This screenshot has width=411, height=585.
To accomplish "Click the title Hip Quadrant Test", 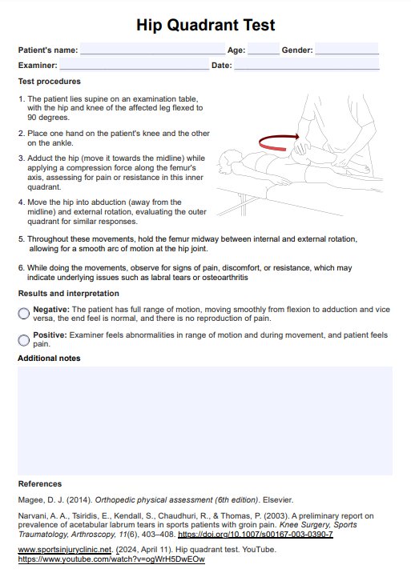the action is pyautogui.click(x=205, y=25).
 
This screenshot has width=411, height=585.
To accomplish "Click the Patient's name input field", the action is pyautogui.click(x=153, y=49).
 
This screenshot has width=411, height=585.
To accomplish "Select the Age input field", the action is pyautogui.click(x=264, y=49).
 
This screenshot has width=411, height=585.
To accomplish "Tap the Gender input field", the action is pyautogui.click(x=347, y=49).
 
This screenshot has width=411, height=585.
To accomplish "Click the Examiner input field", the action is pyautogui.click(x=134, y=64).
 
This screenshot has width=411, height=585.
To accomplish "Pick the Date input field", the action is pyautogui.click(x=307, y=64).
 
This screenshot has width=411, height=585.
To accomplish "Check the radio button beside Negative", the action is pyautogui.click(x=23, y=314).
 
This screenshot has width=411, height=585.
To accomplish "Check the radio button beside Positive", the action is pyautogui.click(x=23, y=340).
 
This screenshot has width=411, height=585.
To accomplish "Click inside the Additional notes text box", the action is pyautogui.click(x=205, y=421).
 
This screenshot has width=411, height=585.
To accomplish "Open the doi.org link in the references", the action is pyautogui.click(x=256, y=535).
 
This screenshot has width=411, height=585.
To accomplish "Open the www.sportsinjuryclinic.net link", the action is pyautogui.click(x=65, y=550).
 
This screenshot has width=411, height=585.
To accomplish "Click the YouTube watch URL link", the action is pyautogui.click(x=111, y=559).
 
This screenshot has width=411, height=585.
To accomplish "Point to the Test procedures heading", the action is pyautogui.click(x=50, y=82).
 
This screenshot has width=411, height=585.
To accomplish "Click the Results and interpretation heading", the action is pyautogui.click(x=69, y=294).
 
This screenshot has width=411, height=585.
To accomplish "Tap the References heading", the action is pyautogui.click(x=40, y=484).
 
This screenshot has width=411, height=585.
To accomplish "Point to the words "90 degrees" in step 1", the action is pyautogui.click(x=48, y=118).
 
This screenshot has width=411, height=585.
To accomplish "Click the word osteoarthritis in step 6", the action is pyautogui.click(x=225, y=278).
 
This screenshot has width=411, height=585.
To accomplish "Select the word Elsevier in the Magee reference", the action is pyautogui.click(x=278, y=500).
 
